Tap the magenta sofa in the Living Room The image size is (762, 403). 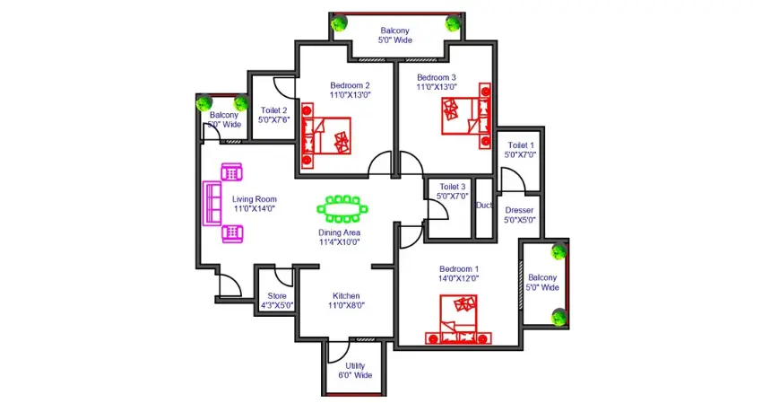point(212,204)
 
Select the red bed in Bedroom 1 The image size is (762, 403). point(459,320)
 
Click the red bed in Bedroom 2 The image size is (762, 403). point(326,136)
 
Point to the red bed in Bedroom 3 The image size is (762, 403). point(466,116)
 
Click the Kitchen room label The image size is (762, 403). point(346,296)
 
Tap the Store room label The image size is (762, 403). point(277,296)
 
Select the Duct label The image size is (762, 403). point(484,206)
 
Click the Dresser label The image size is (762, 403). point(519,210)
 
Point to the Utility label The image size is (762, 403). point(355,365)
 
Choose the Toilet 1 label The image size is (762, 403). point(521,145)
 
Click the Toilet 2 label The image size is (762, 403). point(273,110)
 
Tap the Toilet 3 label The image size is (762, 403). point(453,187)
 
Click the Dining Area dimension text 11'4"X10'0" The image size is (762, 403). point(339,242)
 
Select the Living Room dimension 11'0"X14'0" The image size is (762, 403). point(255,209)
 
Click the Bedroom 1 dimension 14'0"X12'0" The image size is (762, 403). point(458,278)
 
